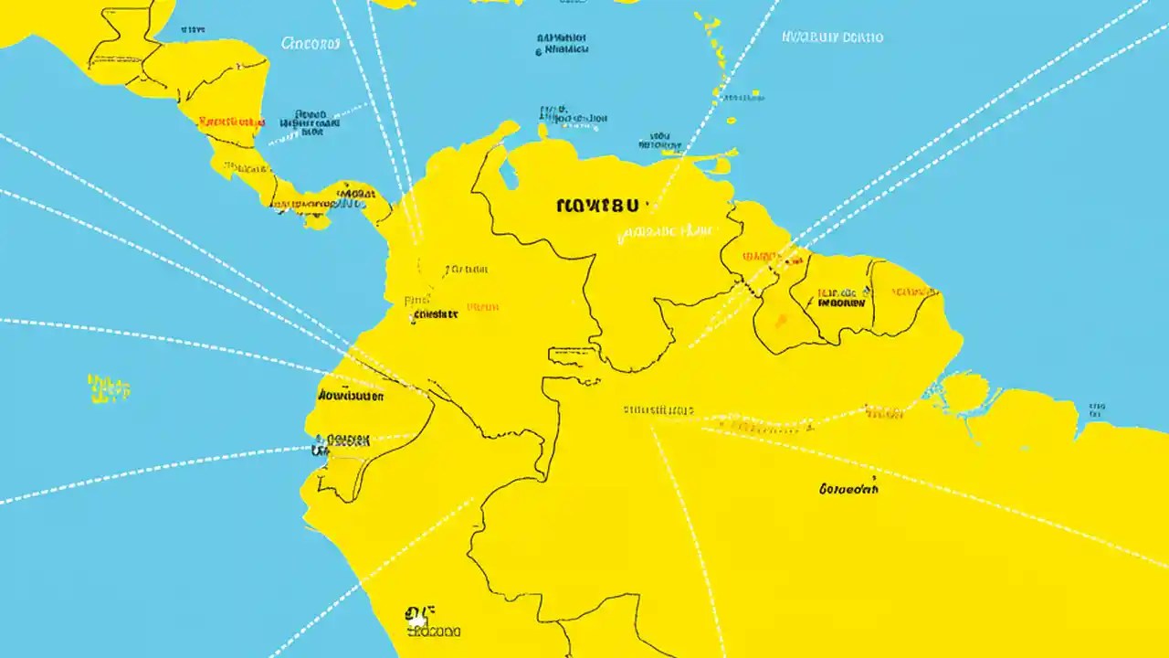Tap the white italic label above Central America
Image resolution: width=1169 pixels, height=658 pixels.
[x=311, y=42]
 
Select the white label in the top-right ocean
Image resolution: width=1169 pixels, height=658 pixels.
[x=832, y=37]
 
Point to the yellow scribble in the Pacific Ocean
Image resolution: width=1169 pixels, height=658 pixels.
[x=109, y=387]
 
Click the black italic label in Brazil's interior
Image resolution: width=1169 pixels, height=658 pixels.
[x=848, y=490]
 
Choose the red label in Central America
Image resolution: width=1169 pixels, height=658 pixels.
[x=231, y=121]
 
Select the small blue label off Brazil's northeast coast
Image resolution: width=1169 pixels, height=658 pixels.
[x=1093, y=407]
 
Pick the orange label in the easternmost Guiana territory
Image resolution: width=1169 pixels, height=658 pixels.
[x=913, y=292]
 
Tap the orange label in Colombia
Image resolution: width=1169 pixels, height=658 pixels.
[x=482, y=308]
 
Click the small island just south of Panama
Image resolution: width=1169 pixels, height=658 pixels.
[x=318, y=221]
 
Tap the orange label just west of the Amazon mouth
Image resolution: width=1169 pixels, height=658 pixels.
[x=884, y=414]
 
